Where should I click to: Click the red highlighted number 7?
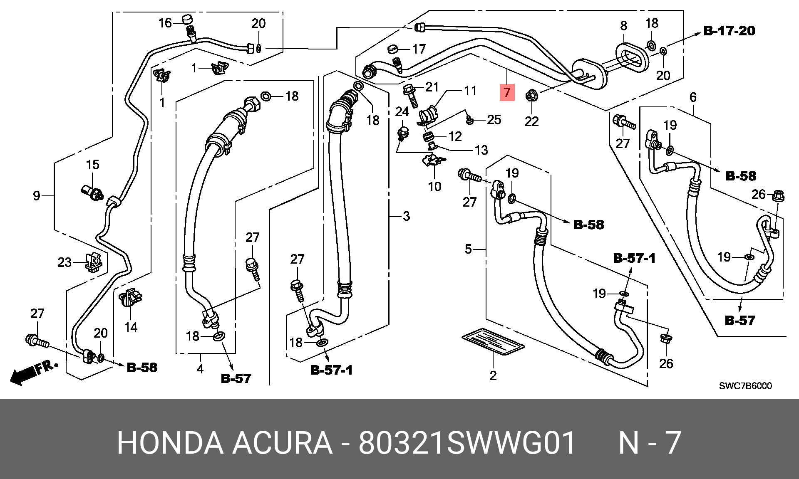coord(507,92)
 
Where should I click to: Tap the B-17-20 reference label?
coord(729,31)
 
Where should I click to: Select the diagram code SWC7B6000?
coord(745,386)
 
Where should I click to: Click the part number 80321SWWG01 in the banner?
coord(467,443)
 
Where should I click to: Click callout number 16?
coord(165,23)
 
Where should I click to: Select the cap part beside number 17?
coord(393,49)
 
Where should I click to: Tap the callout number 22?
coord(532,121)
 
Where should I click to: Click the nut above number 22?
coord(531,96)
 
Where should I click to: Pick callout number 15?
coord(92,165)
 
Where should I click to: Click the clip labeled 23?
coord(94,262)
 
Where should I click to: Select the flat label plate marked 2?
coord(493,341)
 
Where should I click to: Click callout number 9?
coord(37,195)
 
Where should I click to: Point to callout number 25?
coord(494,120)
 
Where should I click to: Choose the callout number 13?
coord(481,150)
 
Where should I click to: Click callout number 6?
coord(693,97)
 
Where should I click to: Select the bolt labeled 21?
coord(410,95)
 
